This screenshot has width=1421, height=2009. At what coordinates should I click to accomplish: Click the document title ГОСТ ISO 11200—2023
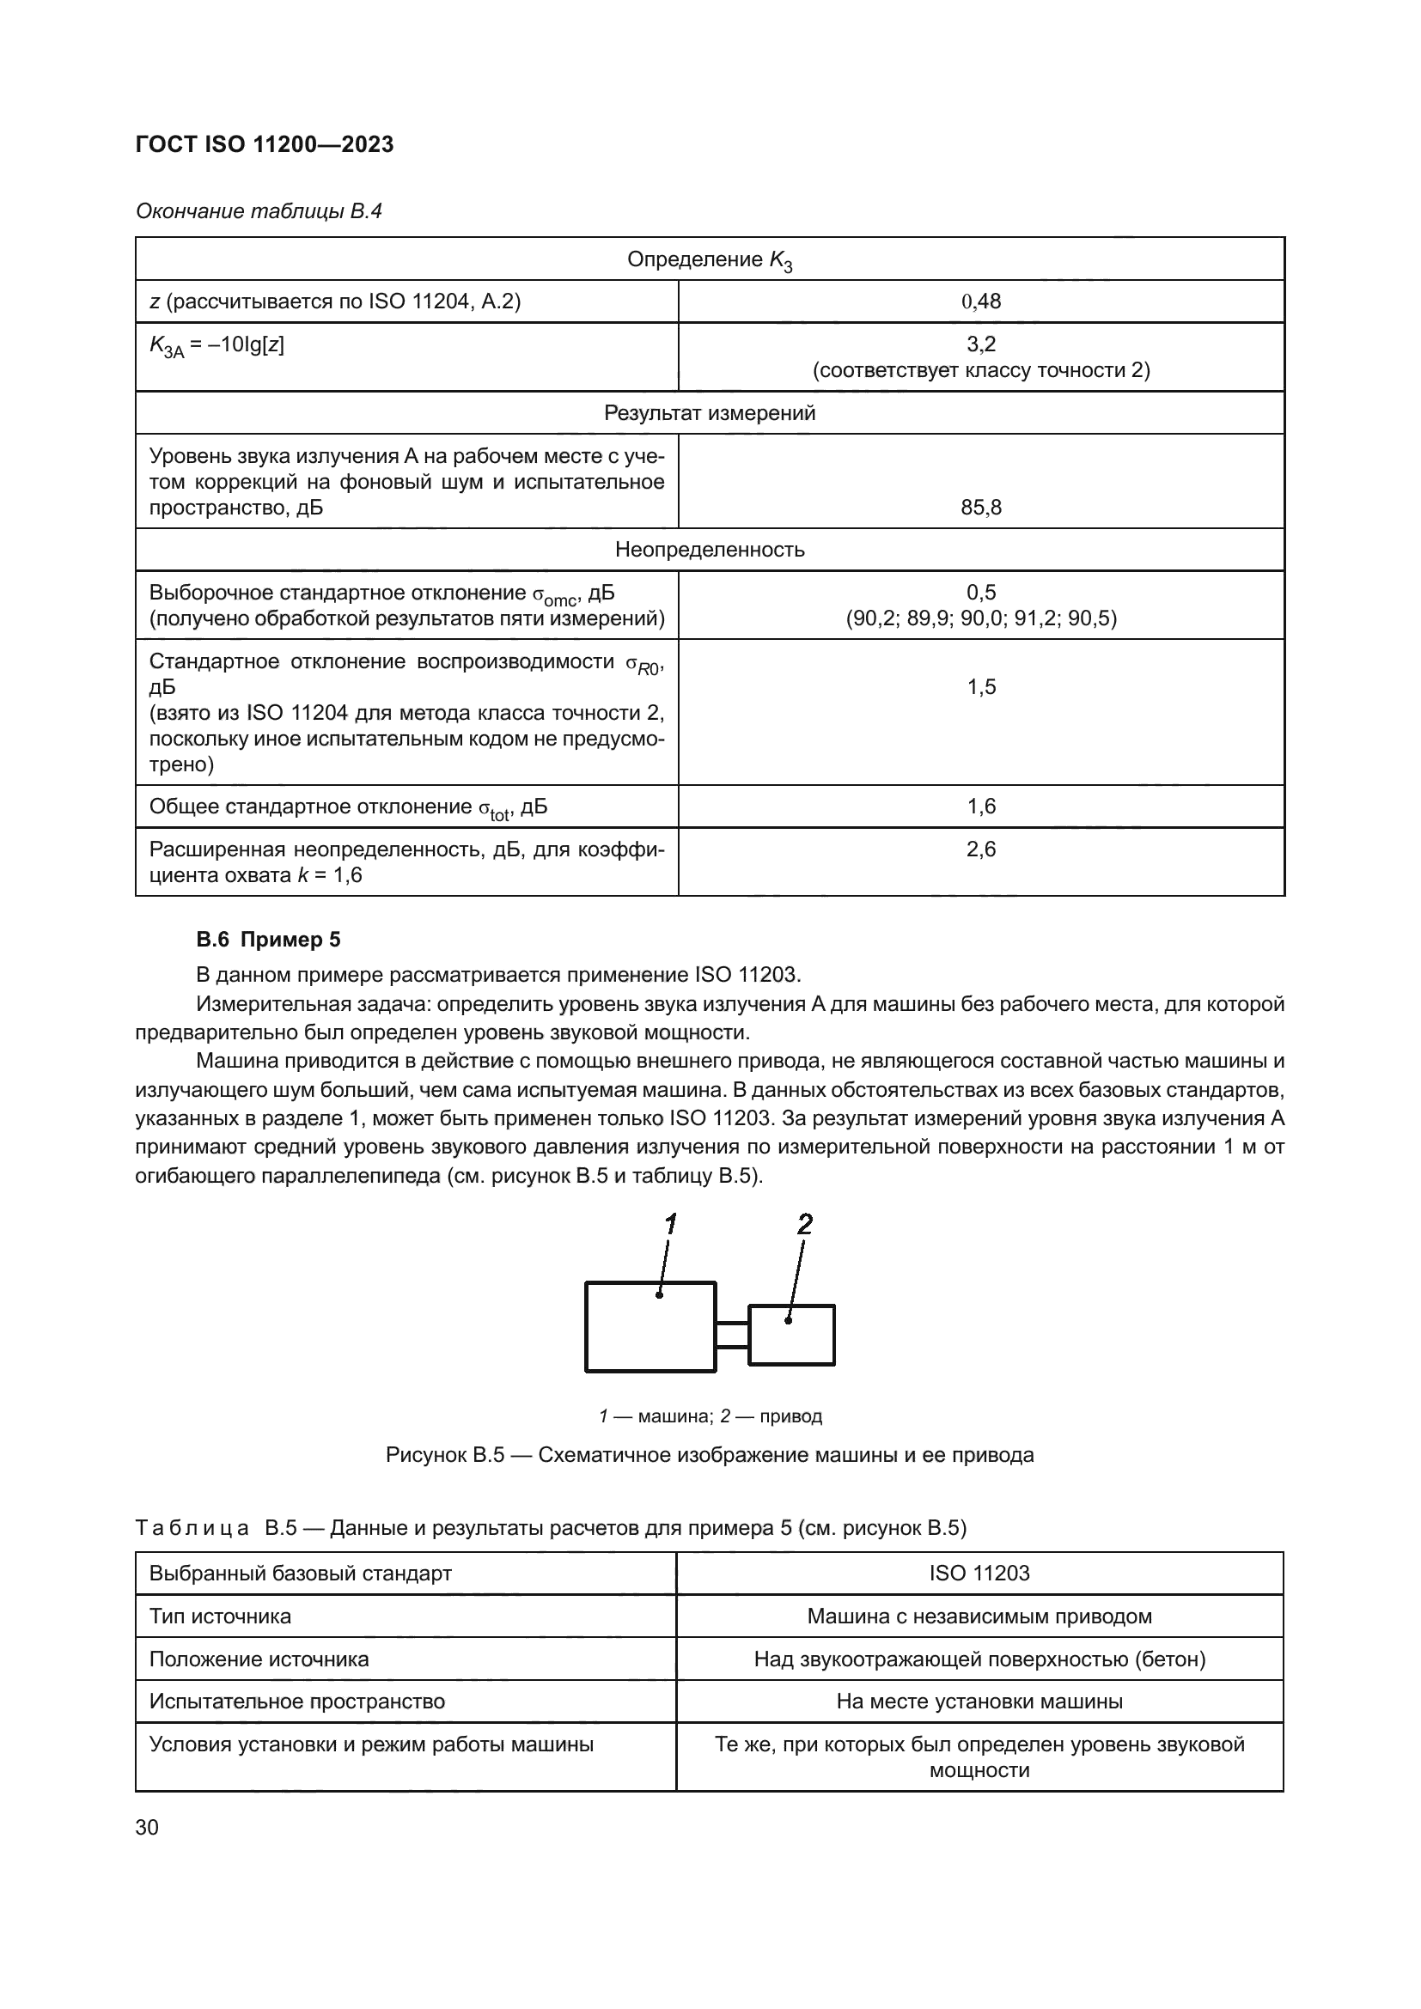[x=265, y=144]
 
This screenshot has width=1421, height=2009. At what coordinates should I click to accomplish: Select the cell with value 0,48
[x=981, y=301]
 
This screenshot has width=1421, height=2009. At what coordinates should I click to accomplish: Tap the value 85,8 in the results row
[x=981, y=507]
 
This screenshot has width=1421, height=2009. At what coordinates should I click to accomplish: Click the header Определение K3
[x=710, y=260]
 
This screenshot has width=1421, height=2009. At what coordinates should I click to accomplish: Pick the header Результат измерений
[x=710, y=413]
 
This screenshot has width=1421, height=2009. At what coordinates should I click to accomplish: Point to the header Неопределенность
[x=710, y=550]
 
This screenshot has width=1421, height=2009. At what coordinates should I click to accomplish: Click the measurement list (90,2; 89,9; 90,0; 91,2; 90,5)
[x=981, y=618]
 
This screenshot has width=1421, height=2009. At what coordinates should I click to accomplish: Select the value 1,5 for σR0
[x=981, y=687]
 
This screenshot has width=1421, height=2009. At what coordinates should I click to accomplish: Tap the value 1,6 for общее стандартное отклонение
[x=981, y=806]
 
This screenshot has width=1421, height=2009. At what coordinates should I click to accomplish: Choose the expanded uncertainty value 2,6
[x=981, y=849]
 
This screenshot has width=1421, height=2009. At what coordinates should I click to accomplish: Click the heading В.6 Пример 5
[x=269, y=940]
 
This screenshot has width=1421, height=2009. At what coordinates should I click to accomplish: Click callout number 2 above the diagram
[x=805, y=1224]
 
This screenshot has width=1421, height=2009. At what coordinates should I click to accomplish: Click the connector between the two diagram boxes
[x=731, y=1335]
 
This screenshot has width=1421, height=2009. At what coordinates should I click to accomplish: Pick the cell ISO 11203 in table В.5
[x=979, y=1574]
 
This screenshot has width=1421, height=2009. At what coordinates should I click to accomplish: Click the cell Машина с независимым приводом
[x=979, y=1616]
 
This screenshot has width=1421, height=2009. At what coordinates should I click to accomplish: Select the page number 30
[x=147, y=1827]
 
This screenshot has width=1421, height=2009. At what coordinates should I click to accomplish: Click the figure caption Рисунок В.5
[x=710, y=1455]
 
